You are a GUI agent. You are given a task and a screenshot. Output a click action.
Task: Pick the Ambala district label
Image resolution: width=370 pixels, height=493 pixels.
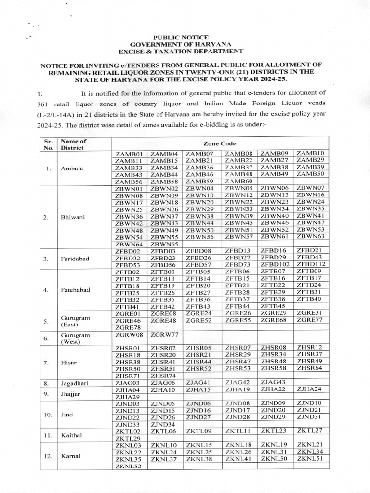(72, 169)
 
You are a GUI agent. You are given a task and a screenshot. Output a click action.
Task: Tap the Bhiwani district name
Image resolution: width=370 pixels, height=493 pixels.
(73, 217)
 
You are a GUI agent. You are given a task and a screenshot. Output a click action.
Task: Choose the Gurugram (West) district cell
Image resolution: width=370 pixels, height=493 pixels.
(73, 338)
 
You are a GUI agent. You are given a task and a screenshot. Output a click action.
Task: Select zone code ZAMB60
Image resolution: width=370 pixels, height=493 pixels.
(238, 181)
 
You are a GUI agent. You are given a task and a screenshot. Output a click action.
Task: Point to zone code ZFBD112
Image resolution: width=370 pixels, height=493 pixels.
(311, 264)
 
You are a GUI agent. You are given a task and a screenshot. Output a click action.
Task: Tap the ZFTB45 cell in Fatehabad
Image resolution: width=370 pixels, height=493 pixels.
(273, 306)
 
